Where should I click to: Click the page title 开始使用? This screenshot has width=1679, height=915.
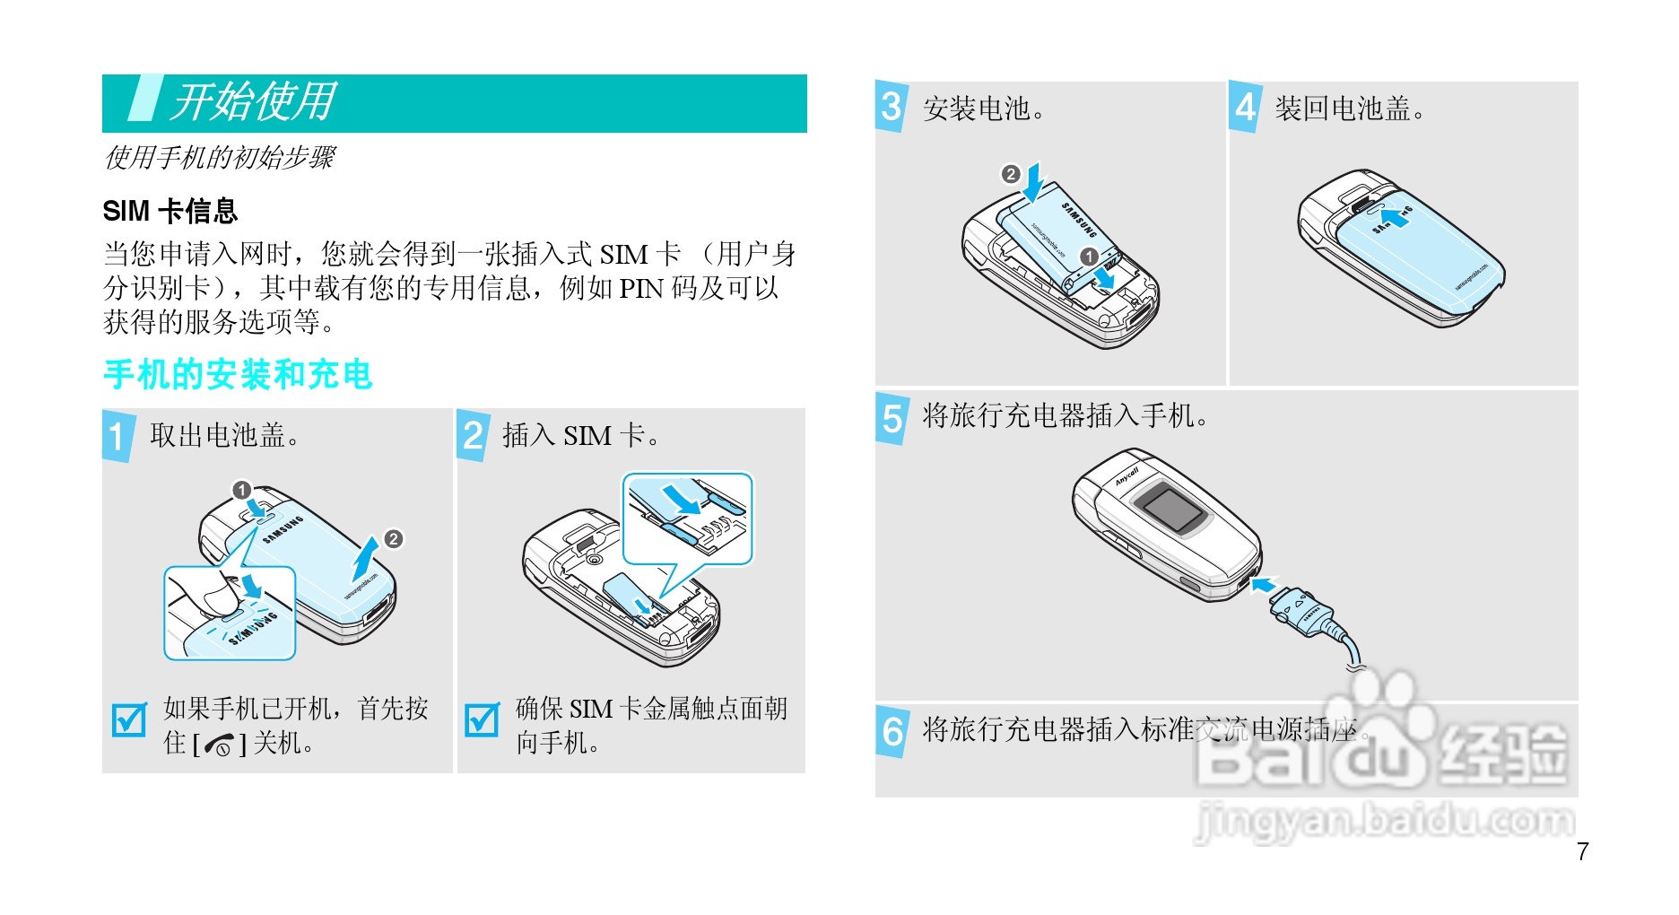pyautogui.click(x=254, y=101)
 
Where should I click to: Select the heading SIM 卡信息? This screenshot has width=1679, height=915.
pyautogui.click(x=170, y=211)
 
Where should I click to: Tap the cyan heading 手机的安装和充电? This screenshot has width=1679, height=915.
pyautogui.click(x=238, y=374)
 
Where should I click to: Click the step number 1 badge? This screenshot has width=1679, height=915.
pyautogui.click(x=117, y=436)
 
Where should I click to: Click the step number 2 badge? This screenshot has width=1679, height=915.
pyautogui.click(x=473, y=436)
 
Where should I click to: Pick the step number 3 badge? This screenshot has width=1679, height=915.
pyautogui.click(x=891, y=107)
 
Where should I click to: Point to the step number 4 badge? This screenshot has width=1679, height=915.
pyautogui.click(x=1245, y=107)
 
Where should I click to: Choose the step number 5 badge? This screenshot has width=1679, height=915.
pyautogui.click(x=892, y=418)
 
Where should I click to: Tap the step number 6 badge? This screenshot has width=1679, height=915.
pyautogui.click(x=892, y=731)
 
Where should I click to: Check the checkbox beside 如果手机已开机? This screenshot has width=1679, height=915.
pyautogui.click(x=128, y=719)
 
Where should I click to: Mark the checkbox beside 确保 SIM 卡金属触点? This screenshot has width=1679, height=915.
pyautogui.click(x=482, y=719)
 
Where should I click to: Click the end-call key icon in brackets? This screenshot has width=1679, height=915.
pyautogui.click(x=219, y=745)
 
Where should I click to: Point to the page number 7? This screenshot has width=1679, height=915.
pyautogui.click(x=1582, y=851)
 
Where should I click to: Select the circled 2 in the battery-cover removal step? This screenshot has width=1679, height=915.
pyautogui.click(x=393, y=539)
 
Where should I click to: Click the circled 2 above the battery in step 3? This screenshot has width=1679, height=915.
pyautogui.click(x=1011, y=174)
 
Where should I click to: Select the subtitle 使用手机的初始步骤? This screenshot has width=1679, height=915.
pyautogui.click(x=219, y=158)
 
